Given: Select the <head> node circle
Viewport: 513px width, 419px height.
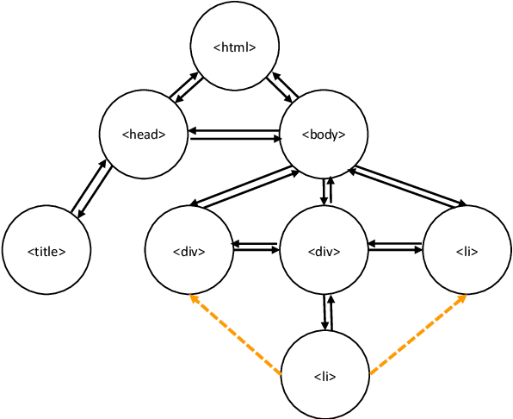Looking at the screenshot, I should tap(144, 134).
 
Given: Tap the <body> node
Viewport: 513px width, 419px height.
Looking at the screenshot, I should tap(324, 134).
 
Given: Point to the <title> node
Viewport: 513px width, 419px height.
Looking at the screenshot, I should tap(46, 251).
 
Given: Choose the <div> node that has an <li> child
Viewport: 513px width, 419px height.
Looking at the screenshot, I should tap(324, 252).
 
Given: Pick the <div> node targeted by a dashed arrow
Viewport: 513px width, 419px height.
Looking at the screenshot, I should tap(189, 252).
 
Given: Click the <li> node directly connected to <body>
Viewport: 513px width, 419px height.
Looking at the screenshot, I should tap(467, 252).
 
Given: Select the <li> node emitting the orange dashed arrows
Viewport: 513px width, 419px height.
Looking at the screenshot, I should tap(324, 376).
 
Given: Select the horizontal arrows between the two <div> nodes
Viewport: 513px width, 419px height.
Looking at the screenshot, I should tap(256, 249).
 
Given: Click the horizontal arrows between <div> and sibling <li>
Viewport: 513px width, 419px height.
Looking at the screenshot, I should tap(395, 249).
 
